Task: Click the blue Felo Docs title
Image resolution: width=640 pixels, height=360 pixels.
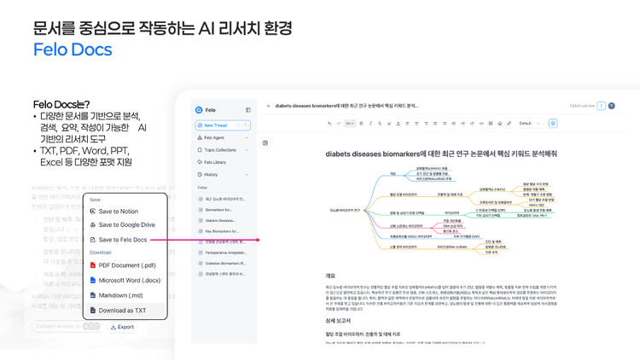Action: click(x=73, y=49)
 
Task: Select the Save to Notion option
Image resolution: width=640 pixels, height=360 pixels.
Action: click(x=118, y=212)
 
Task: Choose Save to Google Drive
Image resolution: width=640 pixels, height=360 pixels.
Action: click(x=126, y=225)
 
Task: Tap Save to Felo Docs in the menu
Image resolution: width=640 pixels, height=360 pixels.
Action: click(x=122, y=240)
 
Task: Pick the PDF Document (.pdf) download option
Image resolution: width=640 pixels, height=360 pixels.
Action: click(x=126, y=265)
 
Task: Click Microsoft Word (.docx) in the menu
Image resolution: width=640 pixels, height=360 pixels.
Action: click(x=129, y=280)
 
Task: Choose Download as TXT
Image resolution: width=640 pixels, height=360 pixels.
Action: click(x=122, y=311)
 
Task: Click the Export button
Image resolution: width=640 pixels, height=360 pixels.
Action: click(x=122, y=327)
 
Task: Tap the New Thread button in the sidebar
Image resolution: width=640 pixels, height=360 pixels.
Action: click(x=222, y=125)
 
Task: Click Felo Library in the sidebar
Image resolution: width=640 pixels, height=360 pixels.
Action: click(x=214, y=162)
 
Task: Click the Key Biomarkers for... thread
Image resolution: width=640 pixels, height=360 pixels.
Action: click(x=222, y=231)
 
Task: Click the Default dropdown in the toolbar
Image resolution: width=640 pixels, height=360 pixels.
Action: click(x=529, y=124)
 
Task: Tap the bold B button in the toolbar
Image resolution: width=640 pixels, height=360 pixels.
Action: click(x=361, y=124)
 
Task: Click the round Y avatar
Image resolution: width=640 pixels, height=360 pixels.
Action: click(x=611, y=106)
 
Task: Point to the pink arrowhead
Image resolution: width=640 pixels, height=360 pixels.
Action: click(x=257, y=240)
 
